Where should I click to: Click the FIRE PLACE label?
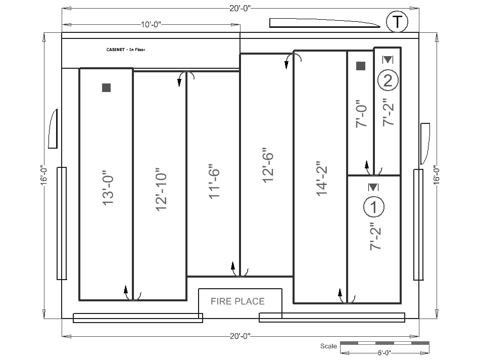coord(237,301)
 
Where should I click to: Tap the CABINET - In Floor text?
coord(125,50)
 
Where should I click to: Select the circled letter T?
coord(397,22)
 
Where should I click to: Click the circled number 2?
coord(388,80)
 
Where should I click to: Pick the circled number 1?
coord(374,207)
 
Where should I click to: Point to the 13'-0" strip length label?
coord(108,188)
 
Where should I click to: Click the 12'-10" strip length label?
coord(161,189)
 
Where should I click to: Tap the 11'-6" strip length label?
coord(214,184)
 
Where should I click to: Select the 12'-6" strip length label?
coord(268,165)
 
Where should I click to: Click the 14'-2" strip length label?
coord(322,178)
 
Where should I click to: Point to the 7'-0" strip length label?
coord(361,114)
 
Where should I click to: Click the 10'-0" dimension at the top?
coord(151,24)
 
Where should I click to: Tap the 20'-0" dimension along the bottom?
coord(240,336)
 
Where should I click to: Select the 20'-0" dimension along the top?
coord(240,8)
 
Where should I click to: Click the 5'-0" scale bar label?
coord(384,352)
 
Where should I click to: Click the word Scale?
coord(328,346)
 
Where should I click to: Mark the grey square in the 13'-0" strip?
coord(106,87)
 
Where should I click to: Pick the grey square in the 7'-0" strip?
coord(361,66)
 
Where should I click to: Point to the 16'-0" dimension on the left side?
coord(44,175)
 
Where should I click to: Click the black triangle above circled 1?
coord(373,187)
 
